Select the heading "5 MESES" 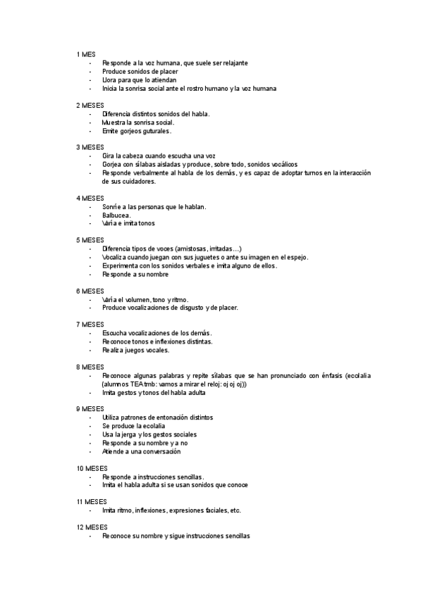(x=90, y=240)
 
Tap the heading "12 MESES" (x=92, y=527)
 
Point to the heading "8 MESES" (x=90, y=367)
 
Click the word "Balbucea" (x=116, y=215)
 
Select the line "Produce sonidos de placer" (x=140, y=71)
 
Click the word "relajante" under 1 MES (x=233, y=63)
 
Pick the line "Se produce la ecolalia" (x=134, y=426)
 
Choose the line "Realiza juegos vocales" (x=135, y=350)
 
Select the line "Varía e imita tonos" (x=128, y=223)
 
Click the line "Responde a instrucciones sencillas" (x=153, y=477)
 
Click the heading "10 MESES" (x=92, y=467)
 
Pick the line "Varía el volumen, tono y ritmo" (x=145, y=299)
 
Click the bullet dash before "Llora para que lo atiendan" (x=90, y=80)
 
